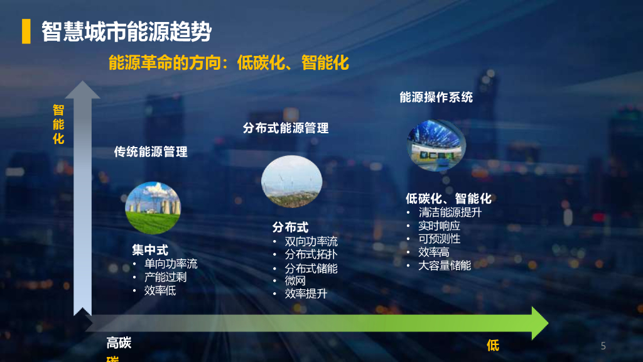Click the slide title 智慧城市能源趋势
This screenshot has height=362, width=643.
(x=126, y=31)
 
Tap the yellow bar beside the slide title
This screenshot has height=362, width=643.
(x=26, y=31)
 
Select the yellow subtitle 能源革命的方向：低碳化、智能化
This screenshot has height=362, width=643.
(x=229, y=63)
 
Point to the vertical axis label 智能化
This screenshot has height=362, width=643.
(x=58, y=124)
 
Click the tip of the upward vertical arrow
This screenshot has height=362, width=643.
(x=82, y=81)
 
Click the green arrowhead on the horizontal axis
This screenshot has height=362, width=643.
(x=539, y=323)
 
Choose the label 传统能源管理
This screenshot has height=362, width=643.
(x=151, y=152)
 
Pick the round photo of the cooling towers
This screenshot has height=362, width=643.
(x=153, y=207)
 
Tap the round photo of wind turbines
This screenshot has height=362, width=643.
(x=291, y=181)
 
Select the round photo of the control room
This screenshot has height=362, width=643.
(x=436, y=145)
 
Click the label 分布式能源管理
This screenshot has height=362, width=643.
(x=286, y=128)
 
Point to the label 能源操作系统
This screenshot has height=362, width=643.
(x=436, y=97)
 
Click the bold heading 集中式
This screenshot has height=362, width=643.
(x=150, y=250)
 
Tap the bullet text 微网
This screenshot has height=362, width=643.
(x=295, y=281)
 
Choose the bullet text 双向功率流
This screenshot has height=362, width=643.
(x=311, y=241)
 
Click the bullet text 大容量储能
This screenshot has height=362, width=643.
(x=445, y=266)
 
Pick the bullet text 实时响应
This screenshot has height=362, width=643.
(x=439, y=226)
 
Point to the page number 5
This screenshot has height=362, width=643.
(x=603, y=346)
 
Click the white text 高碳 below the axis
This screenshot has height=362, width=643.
(x=119, y=343)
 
